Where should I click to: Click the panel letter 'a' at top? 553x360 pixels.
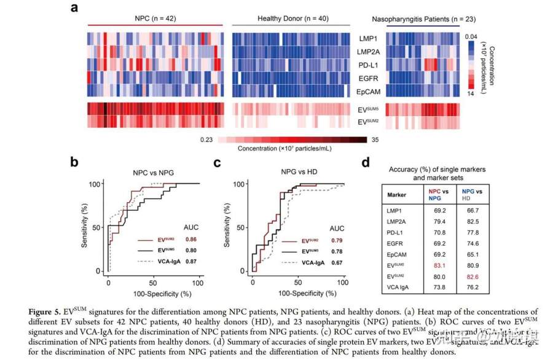pyautogui.click(x=74, y=8)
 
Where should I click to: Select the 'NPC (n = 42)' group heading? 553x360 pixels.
pyautogui.click(x=154, y=19)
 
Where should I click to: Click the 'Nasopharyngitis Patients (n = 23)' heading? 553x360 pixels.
pyautogui.click(x=423, y=19)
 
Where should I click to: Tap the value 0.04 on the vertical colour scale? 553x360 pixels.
pyautogui.click(x=470, y=37)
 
